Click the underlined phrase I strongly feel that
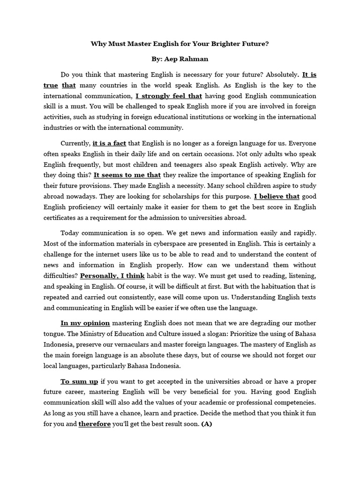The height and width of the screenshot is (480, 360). click(169, 96)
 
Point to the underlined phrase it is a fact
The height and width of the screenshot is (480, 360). click(109, 143)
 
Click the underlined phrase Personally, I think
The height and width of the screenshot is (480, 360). click(112, 275)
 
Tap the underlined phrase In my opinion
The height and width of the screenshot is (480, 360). click(85, 323)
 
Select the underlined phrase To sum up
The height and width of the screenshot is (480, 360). click(79, 382)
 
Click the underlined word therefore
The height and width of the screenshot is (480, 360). click(94, 424)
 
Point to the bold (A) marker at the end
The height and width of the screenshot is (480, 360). click(207, 424)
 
